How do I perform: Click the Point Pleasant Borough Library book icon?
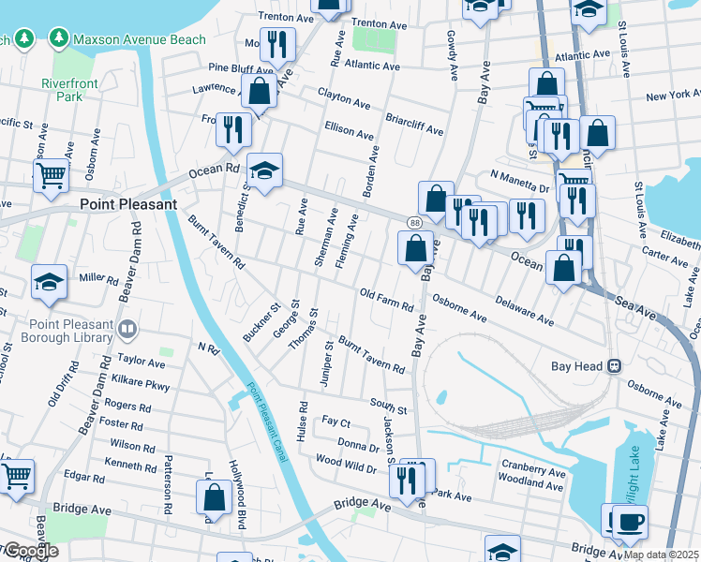127,329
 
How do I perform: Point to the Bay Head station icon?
615,365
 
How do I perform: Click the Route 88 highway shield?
413,222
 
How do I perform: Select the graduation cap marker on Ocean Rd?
265,170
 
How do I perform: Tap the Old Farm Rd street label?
387,300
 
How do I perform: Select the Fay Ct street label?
336,423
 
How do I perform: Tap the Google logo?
30,551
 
